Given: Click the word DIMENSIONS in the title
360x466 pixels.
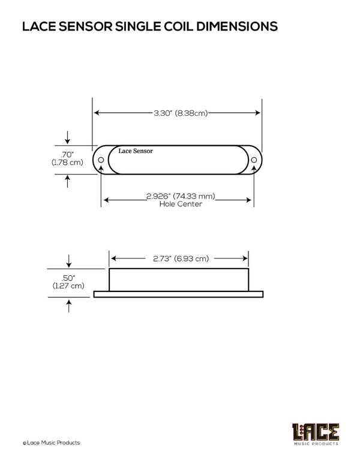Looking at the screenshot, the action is point(236,26).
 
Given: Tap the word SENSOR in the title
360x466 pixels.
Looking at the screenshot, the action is point(86,26).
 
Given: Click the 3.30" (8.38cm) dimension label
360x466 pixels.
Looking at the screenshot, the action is point(181,113).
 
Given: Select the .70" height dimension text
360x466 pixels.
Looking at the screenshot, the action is point(67,155).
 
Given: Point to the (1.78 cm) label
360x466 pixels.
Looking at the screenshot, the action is point(67,163).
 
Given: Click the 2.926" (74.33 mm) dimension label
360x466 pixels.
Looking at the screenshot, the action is point(181,196).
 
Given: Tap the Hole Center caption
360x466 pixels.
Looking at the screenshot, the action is point(181,204).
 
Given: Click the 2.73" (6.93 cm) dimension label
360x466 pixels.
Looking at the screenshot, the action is point(181,258).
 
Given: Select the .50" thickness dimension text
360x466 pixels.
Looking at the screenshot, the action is point(68,278).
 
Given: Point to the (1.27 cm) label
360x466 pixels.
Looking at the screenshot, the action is point(68,286).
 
